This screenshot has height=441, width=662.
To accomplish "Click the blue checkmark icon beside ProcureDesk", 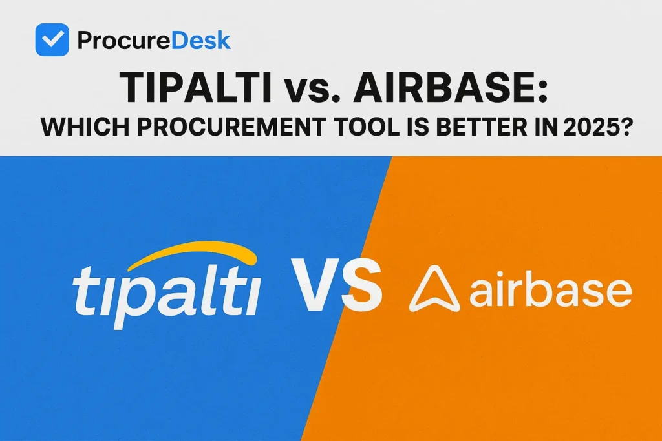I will pyautogui.click(x=52, y=40).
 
